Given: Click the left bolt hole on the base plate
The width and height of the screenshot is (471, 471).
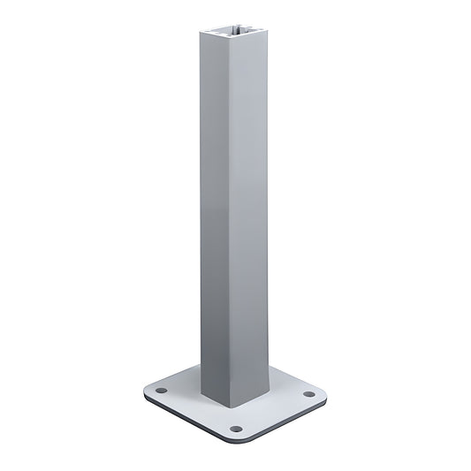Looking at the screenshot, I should click(x=161, y=390).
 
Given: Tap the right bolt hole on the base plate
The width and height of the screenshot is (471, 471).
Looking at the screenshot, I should click(x=309, y=394).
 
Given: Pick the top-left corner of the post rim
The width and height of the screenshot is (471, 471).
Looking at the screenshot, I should click(x=202, y=34).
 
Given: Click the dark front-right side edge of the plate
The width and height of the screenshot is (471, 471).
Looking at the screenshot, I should click(x=287, y=424).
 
